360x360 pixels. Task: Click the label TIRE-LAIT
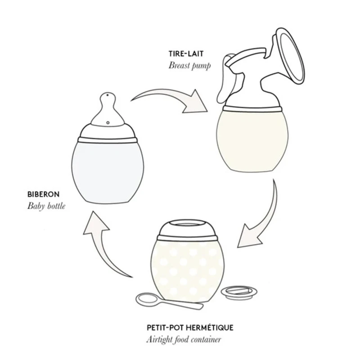pyautogui.click(x=186, y=54)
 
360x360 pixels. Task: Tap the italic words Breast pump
pyautogui.click(x=189, y=66)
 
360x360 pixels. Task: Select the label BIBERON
pyautogui.click(x=43, y=194)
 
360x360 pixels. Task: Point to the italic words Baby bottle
pyautogui.click(x=46, y=206)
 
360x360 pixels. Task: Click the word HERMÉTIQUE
pyautogui.click(x=209, y=328)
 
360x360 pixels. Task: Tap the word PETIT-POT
pyautogui.click(x=165, y=328)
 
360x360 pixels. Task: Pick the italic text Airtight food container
pyautogui.click(x=184, y=339)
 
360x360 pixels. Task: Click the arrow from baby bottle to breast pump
pyautogui.click(x=170, y=96)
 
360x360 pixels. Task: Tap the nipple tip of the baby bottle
pyautogui.click(x=108, y=95)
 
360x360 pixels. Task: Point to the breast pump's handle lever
pyautogui.click(x=224, y=78)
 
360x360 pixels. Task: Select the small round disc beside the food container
pyautogui.click(x=238, y=292)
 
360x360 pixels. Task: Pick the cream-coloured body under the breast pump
pyautogui.click(x=252, y=140)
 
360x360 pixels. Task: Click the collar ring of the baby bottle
pyautogui.click(x=108, y=140)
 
